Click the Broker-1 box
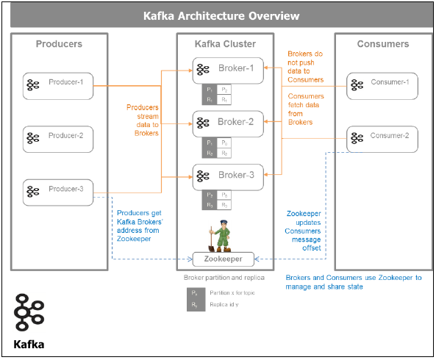[x=227, y=69]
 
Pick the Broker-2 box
[x=227, y=122]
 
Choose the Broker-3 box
[x=227, y=176]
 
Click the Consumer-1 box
[x=382, y=84]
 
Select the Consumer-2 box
[x=382, y=137]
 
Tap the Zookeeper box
[x=223, y=259]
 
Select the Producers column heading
[x=59, y=44]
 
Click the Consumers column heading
[x=382, y=44]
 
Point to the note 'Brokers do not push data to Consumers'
[x=305, y=65]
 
